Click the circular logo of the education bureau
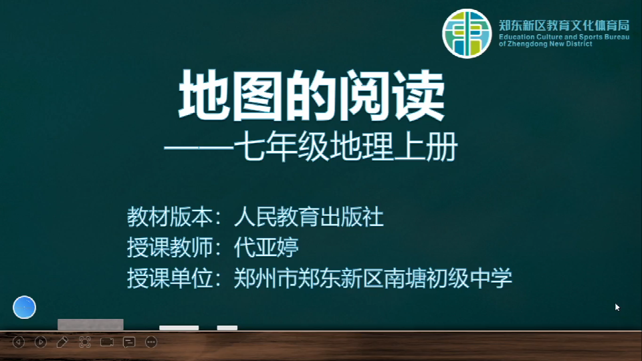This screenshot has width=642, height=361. pyautogui.click(x=467, y=33)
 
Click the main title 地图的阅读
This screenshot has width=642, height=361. pyautogui.click(x=312, y=96)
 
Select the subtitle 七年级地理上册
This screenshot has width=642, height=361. pyautogui.click(x=346, y=146)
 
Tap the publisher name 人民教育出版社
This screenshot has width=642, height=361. pyautogui.click(x=309, y=217)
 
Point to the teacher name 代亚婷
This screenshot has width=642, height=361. pyautogui.click(x=266, y=247)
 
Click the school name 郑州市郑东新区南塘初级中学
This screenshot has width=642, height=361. pyautogui.click(x=373, y=278)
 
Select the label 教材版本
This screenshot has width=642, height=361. pyautogui.click(x=169, y=217)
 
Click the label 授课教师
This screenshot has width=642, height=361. pyautogui.click(x=169, y=247)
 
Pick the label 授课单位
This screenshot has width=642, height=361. pyautogui.click(x=169, y=278)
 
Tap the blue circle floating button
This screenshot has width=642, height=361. pyautogui.click(x=24, y=307)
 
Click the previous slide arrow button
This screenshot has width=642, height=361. pyautogui.click(x=19, y=342)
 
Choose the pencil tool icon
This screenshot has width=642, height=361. pyautogui.click(x=62, y=342)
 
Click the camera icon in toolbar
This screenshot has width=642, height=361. pyautogui.click(x=107, y=342)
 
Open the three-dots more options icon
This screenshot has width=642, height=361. pyautogui.click(x=151, y=342)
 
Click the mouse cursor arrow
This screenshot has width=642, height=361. pyautogui.click(x=617, y=308)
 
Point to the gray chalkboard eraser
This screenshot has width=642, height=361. pyautogui.click(x=90, y=324)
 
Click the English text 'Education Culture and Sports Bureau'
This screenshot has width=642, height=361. pyautogui.click(x=564, y=37)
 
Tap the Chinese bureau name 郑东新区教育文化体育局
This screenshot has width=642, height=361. pyautogui.click(x=564, y=25)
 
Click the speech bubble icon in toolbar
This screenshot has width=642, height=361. pyautogui.click(x=129, y=342)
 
